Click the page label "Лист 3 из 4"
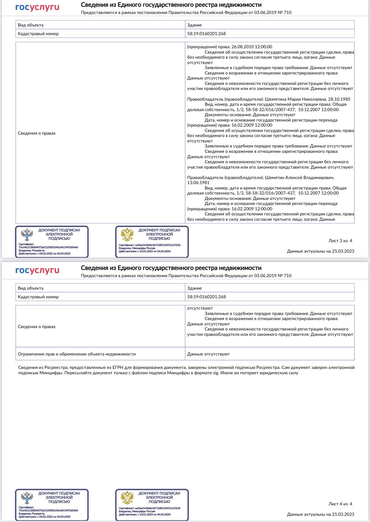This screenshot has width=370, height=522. point(340,241)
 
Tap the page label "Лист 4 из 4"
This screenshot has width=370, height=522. point(340,504)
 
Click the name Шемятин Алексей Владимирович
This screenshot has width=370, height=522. point(299,178)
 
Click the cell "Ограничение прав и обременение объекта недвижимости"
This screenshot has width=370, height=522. point(77,354)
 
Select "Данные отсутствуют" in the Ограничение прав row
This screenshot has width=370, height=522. point(208,354)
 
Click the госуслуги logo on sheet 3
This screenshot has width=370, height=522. point(37,8)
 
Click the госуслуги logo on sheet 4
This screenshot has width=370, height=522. point(37,271)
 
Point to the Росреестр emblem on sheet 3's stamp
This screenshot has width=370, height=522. point(27,234)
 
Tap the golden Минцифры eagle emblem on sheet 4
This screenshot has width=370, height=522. point(127,498)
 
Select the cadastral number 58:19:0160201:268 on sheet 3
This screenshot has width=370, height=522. point(206,34)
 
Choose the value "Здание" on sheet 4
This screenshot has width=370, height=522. point(195,288)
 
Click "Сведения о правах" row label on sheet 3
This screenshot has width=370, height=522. point(37,133)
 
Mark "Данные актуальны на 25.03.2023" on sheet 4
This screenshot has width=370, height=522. point(321,514)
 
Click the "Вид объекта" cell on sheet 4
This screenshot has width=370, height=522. point(31,288)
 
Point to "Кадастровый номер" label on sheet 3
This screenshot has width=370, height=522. point(38,34)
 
